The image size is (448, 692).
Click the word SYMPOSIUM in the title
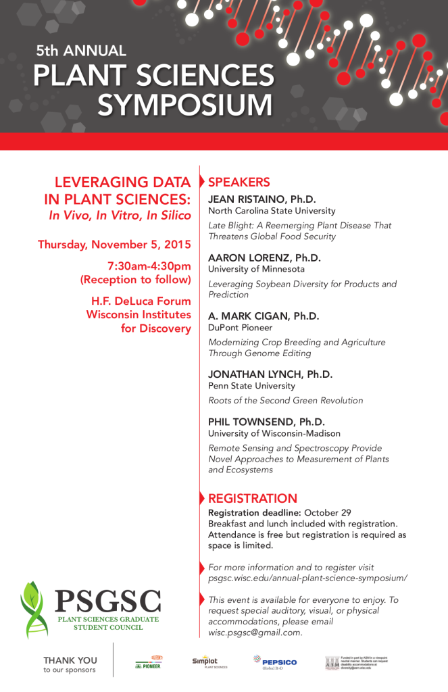pyautogui.click(x=185, y=105)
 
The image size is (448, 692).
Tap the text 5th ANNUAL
pyautogui.click(x=81, y=51)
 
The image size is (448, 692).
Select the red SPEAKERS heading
pyautogui.click(x=239, y=182)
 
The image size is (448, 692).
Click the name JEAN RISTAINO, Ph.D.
pyautogui.click(x=262, y=199)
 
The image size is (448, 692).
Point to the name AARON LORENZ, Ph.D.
pyautogui.click(x=264, y=258)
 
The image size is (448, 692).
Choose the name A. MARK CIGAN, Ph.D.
pyautogui.click(x=264, y=316)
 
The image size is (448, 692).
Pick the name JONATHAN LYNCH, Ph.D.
pyautogui.click(x=270, y=374)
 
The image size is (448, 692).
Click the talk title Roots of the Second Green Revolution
pyautogui.click(x=285, y=401)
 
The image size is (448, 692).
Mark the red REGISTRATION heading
pyautogui.click(x=253, y=499)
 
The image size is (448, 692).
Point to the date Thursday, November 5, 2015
pyautogui.click(x=114, y=245)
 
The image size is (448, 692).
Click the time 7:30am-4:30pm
pyautogui.click(x=149, y=266)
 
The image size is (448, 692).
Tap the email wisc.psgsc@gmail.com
pyautogui.click(x=254, y=633)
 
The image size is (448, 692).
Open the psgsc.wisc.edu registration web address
pyautogui.click(x=307, y=578)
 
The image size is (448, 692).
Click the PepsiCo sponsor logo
pyautogui.click(x=275, y=662)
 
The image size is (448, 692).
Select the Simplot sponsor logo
pyautogui.click(x=207, y=662)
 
